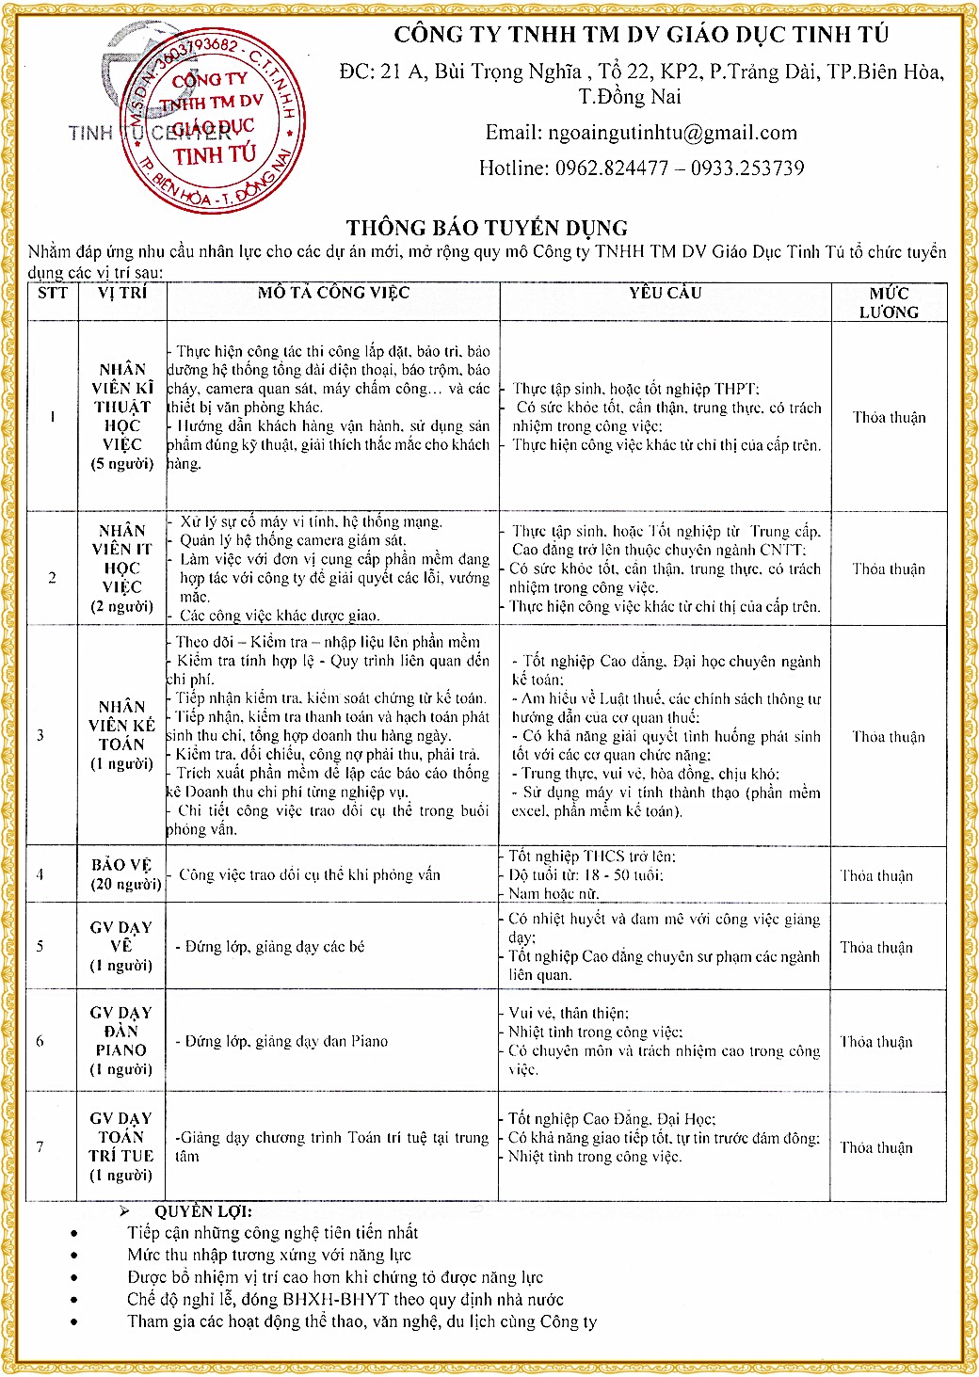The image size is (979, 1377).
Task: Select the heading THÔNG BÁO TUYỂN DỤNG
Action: pos(487,228)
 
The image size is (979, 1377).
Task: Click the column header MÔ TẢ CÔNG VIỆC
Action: pos(333,293)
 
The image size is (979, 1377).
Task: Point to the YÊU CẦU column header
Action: pos(666,293)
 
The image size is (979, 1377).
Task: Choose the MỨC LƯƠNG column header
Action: pos(889,302)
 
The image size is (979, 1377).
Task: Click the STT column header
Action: pos(53,293)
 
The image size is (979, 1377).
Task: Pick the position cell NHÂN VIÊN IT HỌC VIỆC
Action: pos(121,568)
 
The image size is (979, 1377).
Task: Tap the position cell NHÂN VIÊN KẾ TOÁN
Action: pos(121,735)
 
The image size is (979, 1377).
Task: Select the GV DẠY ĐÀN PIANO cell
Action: pos(121,1041)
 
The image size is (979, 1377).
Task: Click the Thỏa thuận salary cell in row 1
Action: pos(889,417)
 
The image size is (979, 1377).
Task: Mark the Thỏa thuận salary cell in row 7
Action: pos(876,1147)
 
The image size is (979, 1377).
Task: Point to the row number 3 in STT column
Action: pos(40,735)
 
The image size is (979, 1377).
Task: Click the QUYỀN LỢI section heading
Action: pos(203,1212)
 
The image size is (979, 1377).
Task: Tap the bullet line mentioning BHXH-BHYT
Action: pos(345,1299)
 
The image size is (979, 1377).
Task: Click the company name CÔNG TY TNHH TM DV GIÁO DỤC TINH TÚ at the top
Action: pos(641,35)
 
